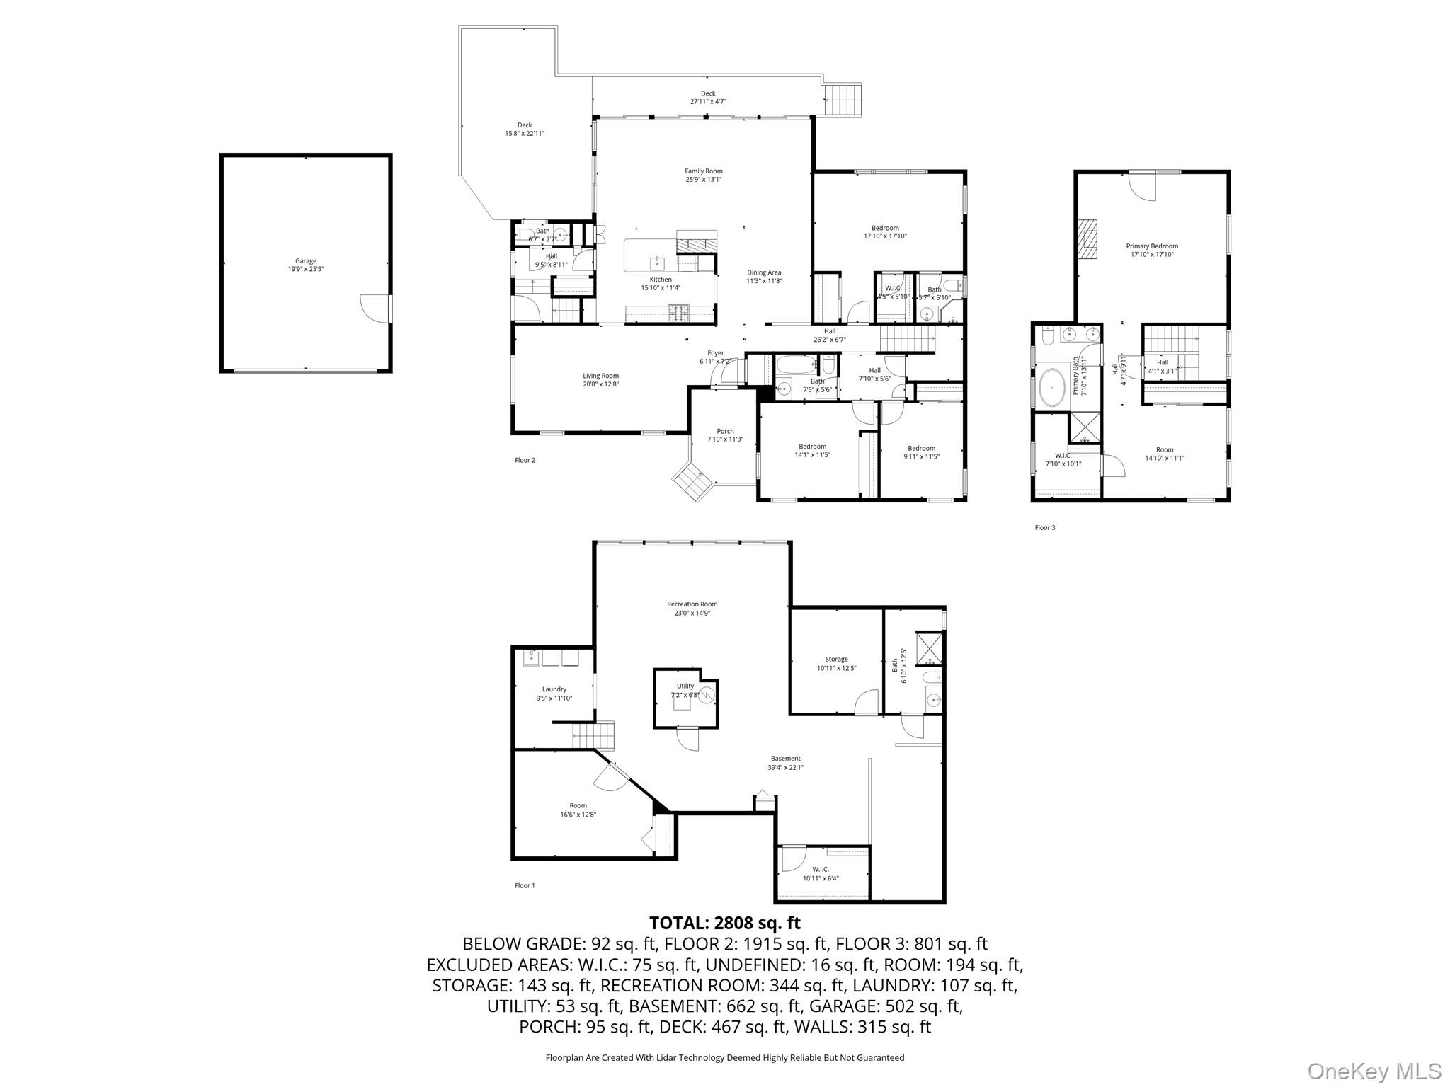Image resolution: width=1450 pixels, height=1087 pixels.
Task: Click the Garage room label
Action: [306, 261]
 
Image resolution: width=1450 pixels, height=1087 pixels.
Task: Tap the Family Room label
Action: [703, 171]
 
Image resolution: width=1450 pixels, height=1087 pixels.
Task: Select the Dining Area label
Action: [764, 272]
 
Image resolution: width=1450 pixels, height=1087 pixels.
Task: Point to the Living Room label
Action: [600, 376]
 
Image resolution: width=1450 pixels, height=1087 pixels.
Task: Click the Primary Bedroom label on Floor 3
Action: [1152, 246]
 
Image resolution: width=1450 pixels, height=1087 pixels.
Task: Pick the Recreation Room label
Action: [692, 604]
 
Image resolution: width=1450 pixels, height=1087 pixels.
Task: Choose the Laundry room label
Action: [554, 689]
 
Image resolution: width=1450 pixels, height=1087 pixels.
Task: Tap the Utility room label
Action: [685, 686]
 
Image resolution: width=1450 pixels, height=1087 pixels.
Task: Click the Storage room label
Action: [836, 660]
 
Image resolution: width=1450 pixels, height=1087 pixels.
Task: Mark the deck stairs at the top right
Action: [844, 99]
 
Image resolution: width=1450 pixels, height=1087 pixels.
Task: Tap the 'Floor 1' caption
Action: [525, 885]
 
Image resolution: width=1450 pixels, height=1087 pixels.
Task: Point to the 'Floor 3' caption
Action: [1044, 527]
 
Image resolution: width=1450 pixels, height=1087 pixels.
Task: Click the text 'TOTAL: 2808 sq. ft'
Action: [724, 923]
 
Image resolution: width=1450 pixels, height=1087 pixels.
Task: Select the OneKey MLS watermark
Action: [1374, 1071]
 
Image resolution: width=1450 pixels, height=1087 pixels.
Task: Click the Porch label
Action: [725, 431]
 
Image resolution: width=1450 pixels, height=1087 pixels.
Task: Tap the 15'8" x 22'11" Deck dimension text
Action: [524, 134]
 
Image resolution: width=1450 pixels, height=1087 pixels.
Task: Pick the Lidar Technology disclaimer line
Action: [724, 1058]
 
